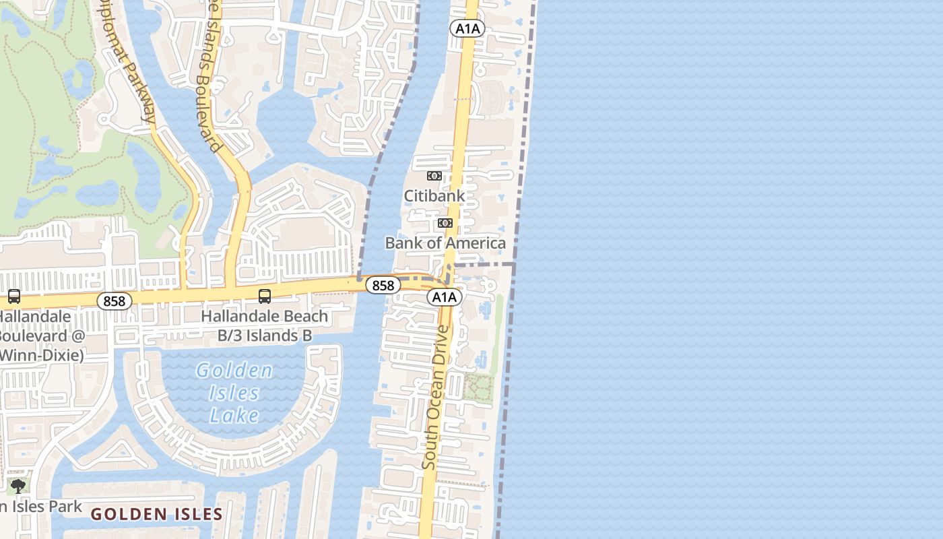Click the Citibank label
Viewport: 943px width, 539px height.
coord(434,196)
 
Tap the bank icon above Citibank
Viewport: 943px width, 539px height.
coord(434,176)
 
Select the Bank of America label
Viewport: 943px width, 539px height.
coord(445,243)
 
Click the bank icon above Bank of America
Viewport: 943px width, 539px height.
coord(445,223)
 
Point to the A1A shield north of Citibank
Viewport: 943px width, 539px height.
coord(467,28)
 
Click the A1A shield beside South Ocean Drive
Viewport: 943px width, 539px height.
coord(445,297)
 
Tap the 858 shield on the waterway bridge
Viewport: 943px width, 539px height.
coord(383,286)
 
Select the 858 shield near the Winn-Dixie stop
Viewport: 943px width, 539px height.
coord(115,301)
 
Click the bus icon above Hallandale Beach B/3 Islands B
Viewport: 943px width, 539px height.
coord(265,296)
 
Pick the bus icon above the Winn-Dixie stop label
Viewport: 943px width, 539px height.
coord(13,296)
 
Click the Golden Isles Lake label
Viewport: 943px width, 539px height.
coord(234,393)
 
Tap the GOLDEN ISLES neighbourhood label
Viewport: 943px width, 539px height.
coord(157,515)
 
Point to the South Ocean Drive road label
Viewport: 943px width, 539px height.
coord(436,398)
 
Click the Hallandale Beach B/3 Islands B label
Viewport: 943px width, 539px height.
coord(265,325)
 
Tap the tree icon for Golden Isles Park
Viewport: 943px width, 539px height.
coord(18,486)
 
